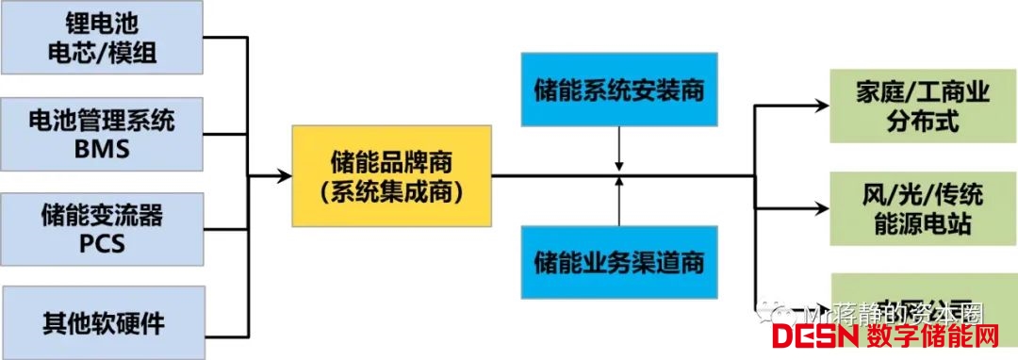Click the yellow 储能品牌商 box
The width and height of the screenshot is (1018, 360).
(x=392, y=175)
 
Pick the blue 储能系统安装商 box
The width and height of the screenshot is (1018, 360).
(x=618, y=92)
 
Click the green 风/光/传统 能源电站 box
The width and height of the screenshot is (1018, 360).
(x=911, y=210)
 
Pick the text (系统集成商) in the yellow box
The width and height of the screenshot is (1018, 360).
(x=392, y=192)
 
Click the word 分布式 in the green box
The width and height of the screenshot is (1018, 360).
(x=911, y=120)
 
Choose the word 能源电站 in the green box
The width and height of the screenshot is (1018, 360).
(x=911, y=225)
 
